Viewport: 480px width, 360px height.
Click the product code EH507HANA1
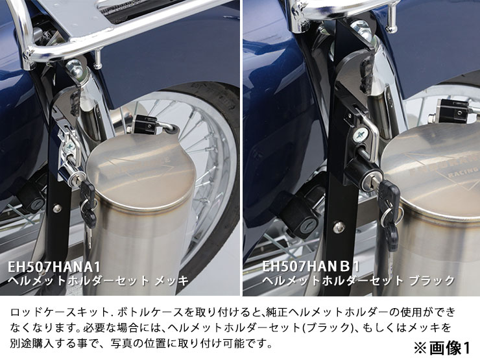pyautogui.click(x=54, y=267)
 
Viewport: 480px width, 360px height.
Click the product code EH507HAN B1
pyautogui.click(x=311, y=267)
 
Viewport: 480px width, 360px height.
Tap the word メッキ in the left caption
pyautogui.click(x=171, y=280)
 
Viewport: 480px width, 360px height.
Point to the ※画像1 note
pyautogui.click(x=442, y=348)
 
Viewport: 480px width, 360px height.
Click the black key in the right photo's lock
pyautogui.click(x=387, y=208)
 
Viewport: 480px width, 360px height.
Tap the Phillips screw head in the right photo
pyautogui.click(x=359, y=135)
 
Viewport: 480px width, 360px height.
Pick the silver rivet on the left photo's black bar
pyautogui.click(x=57, y=209)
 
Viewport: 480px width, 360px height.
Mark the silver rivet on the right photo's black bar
pyautogui.click(x=339, y=227)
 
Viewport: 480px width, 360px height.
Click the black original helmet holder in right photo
pyautogui.click(x=300, y=214)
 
